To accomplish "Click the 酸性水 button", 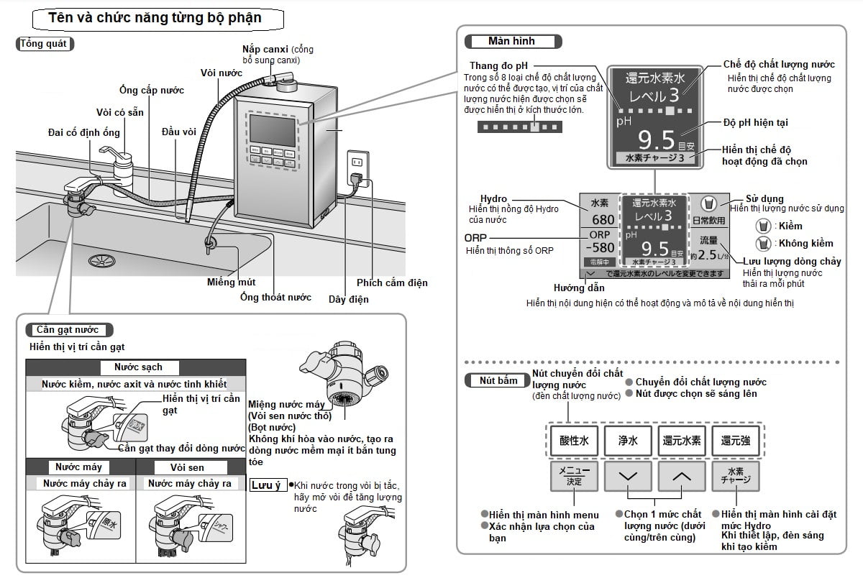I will pyautogui.click(x=574, y=441).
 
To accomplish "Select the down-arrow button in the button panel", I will pyautogui.click(x=628, y=476).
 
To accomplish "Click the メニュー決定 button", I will pyautogui.click(x=574, y=476).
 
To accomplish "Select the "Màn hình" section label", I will pyautogui.click(x=511, y=42).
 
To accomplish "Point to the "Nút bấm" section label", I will pyautogui.click(x=498, y=380).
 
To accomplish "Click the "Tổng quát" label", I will pyautogui.click(x=45, y=44).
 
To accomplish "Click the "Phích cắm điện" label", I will pyautogui.click(x=392, y=283).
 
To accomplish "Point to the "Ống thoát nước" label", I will pyautogui.click(x=275, y=297).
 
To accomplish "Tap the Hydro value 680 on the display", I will pyautogui.click(x=603, y=220).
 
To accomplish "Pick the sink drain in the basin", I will pyautogui.click(x=100, y=260).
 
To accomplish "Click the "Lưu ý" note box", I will pyautogui.click(x=268, y=485).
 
